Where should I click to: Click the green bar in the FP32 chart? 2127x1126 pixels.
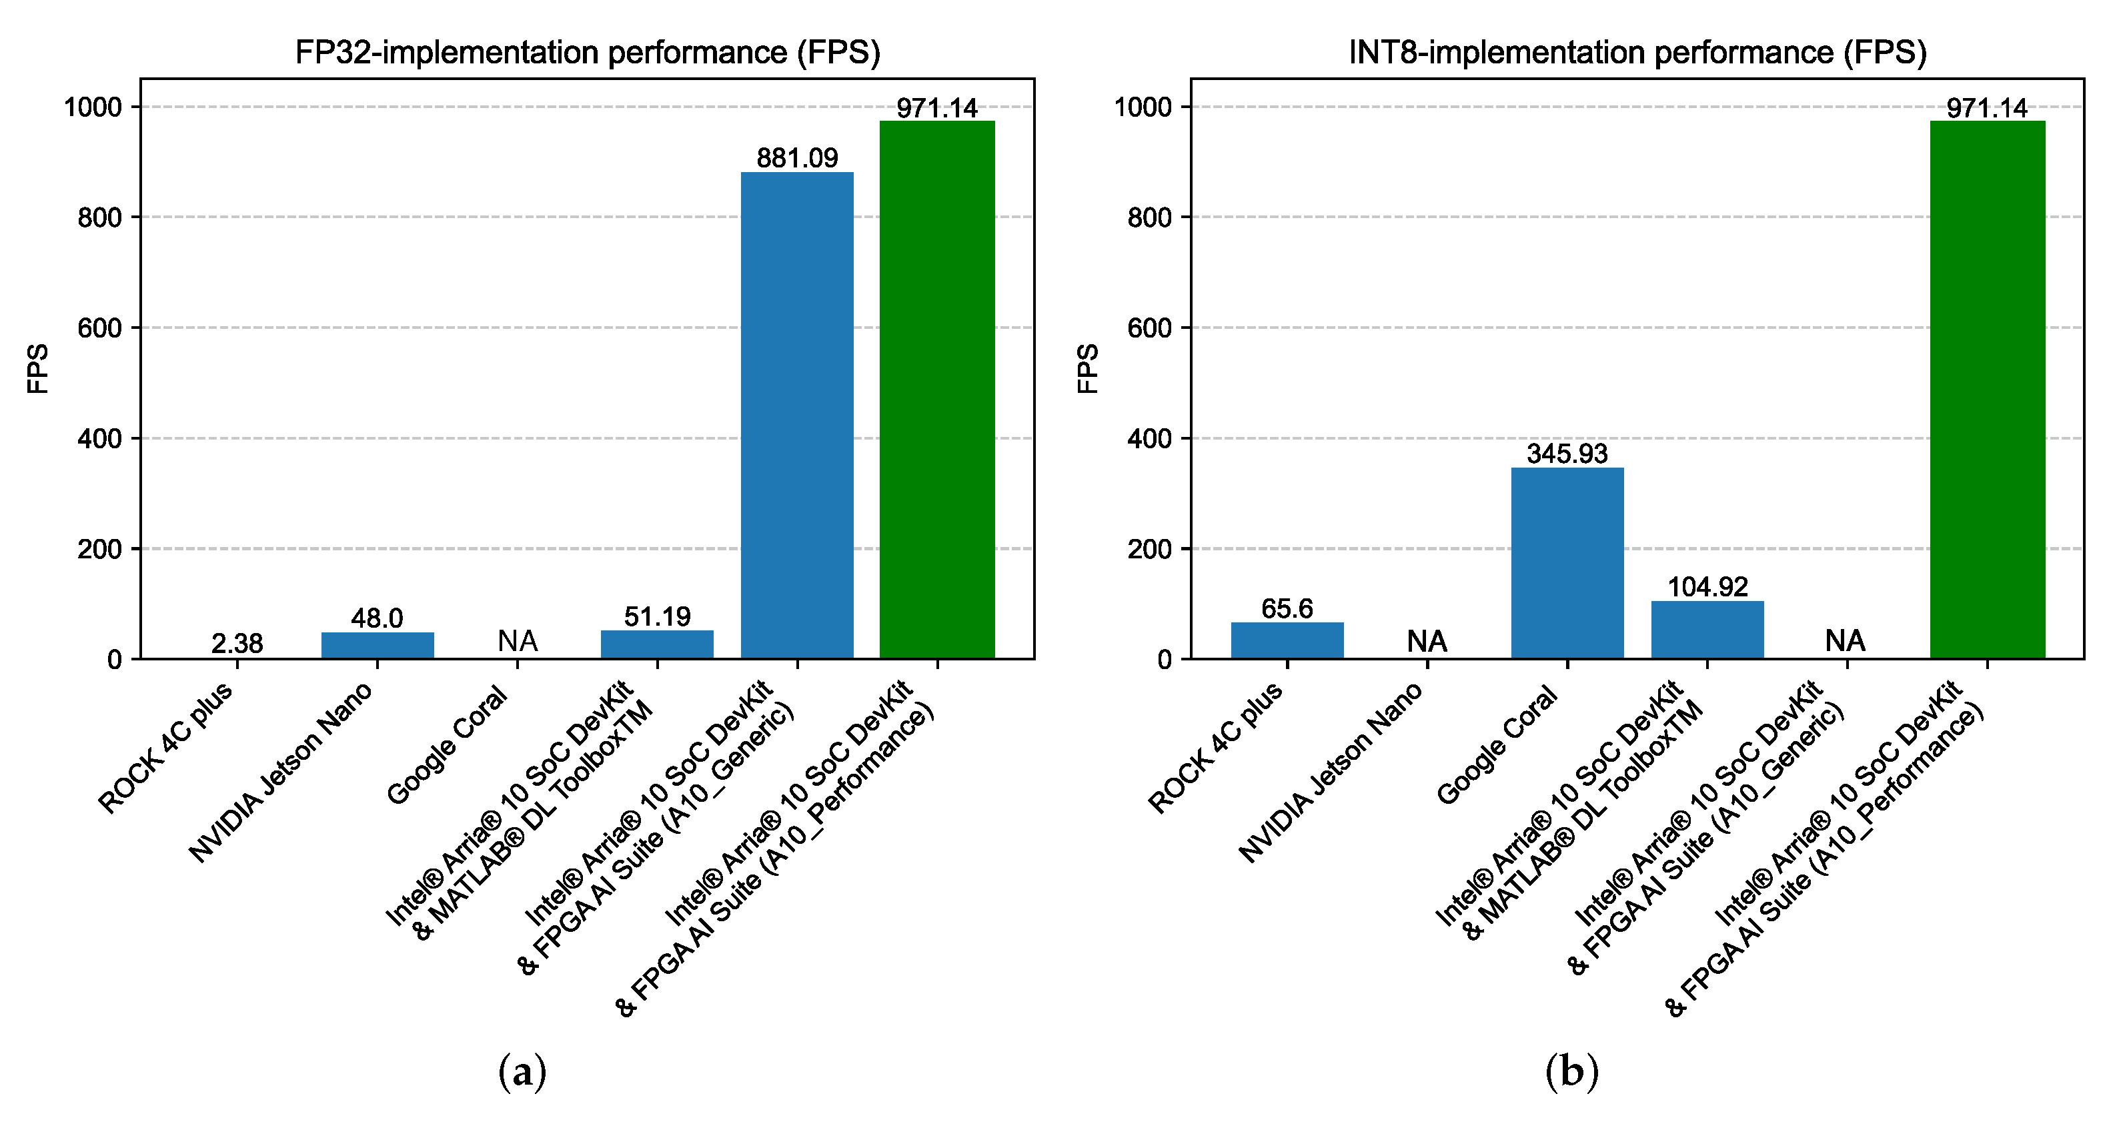click(x=937, y=388)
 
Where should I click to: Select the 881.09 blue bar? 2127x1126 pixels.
click(x=797, y=413)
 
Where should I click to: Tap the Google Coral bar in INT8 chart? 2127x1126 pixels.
click(x=1567, y=562)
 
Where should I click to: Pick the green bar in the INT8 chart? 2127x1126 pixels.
click(x=1987, y=388)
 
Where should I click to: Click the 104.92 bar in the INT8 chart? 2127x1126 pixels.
click(x=1707, y=629)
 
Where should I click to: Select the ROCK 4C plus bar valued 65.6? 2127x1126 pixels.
click(x=1287, y=640)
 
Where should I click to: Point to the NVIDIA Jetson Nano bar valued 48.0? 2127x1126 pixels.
click(x=378, y=645)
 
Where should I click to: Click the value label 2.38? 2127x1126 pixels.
click(x=237, y=643)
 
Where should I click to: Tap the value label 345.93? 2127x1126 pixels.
click(x=1567, y=453)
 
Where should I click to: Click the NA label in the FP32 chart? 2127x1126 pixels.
click(x=518, y=640)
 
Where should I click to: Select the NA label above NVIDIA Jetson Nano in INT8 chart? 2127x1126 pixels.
click(x=1427, y=640)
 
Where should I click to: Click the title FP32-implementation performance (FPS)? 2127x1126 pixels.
click(x=588, y=53)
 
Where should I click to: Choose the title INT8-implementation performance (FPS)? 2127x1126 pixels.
click(x=1637, y=53)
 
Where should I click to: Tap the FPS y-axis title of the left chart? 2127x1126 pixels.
click(x=38, y=368)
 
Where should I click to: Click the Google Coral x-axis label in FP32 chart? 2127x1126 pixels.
click(x=447, y=744)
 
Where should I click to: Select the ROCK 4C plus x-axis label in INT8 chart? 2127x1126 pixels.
click(x=1215, y=747)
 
